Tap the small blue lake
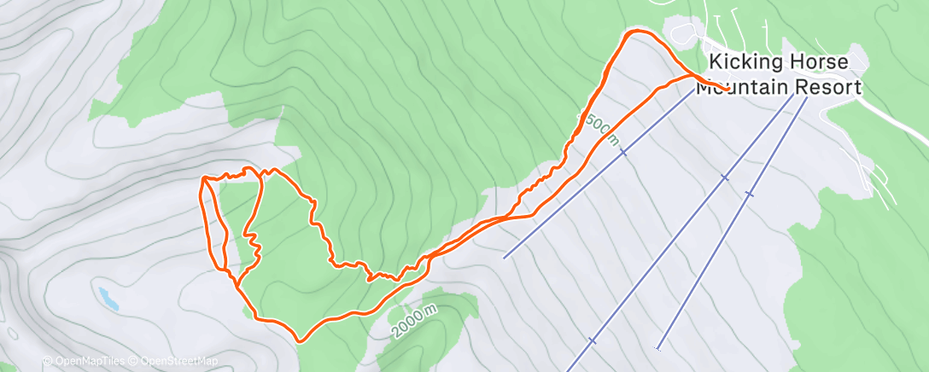point(108,298)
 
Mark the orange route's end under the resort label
point(727,89)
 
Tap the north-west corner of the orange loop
point(203,178)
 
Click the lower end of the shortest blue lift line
point(505,257)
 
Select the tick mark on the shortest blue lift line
point(624,152)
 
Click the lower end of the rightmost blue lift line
point(657,349)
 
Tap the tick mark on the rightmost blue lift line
point(749,194)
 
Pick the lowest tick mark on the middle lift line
point(592,340)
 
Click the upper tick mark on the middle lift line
point(724,177)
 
